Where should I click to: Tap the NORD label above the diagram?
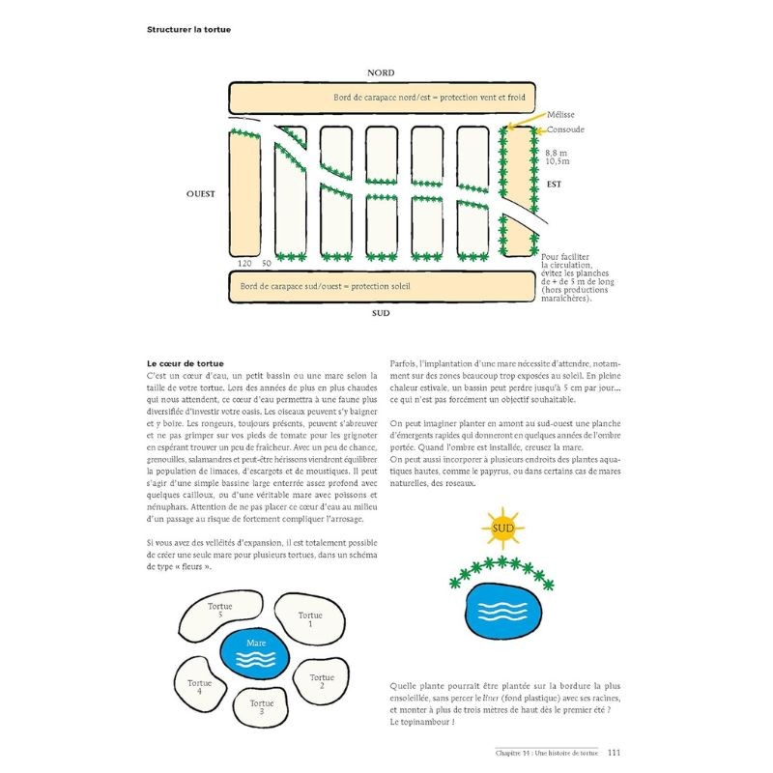pyautogui.click(x=382, y=73)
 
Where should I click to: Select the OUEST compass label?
pyautogui.click(x=201, y=193)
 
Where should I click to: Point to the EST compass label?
pyautogui.click(x=555, y=183)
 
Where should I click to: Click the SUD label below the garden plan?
pyautogui.click(x=381, y=314)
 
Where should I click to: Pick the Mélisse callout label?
pyautogui.click(x=561, y=114)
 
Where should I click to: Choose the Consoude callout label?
pyautogui.click(x=565, y=129)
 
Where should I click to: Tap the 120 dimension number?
pyautogui.click(x=243, y=263)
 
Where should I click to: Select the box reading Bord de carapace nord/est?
pyautogui.click(x=382, y=98)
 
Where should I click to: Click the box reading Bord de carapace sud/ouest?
pyautogui.click(x=382, y=286)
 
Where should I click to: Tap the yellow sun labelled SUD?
pyautogui.click(x=503, y=530)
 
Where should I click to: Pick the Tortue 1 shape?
pyautogui.click(x=310, y=619)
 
